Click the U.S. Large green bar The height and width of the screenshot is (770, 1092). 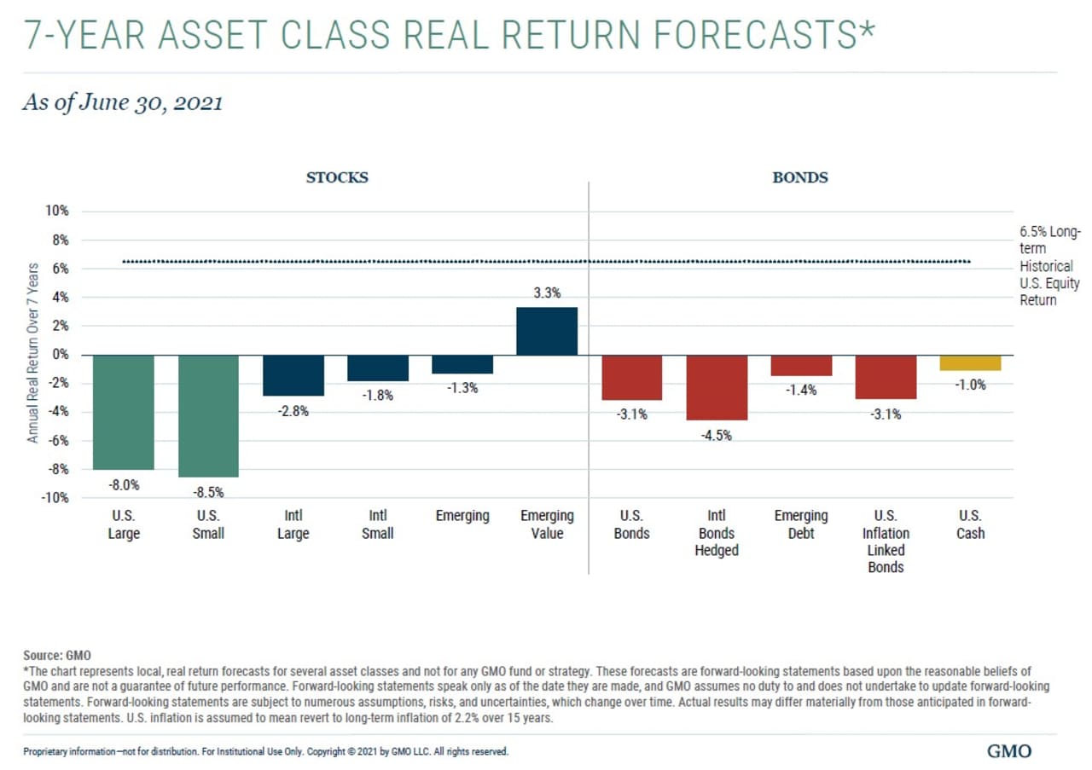pyautogui.click(x=124, y=412)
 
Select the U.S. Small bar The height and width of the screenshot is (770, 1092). pyautogui.click(x=208, y=415)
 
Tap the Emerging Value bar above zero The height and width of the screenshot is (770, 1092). pyautogui.click(x=547, y=331)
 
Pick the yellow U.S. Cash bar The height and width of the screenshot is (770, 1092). pyautogui.click(x=971, y=363)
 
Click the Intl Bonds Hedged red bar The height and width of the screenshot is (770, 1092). pyautogui.click(x=717, y=387)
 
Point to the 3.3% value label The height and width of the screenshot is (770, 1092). pyautogui.click(x=547, y=293)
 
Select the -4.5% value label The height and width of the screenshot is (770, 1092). pyautogui.click(x=717, y=436)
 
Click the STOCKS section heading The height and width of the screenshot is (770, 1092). pyautogui.click(x=337, y=178)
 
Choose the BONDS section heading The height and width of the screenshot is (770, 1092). pyautogui.click(x=800, y=178)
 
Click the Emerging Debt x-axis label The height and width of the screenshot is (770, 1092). pyautogui.click(x=801, y=524)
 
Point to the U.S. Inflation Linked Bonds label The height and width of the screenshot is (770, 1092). pyautogui.click(x=886, y=541)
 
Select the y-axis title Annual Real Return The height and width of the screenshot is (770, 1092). pyautogui.click(x=33, y=352)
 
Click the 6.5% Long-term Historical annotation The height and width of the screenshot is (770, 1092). pyautogui.click(x=1048, y=266)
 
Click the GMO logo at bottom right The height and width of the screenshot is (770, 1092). pyautogui.click(x=1008, y=751)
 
